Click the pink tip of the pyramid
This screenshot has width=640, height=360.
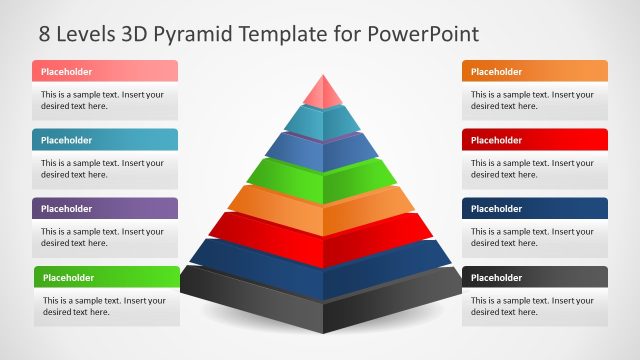[322, 93]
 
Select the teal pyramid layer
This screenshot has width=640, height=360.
[322, 121]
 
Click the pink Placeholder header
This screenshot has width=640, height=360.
[105, 71]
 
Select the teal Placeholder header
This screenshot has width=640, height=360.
[105, 140]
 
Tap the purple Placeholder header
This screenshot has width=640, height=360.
[105, 209]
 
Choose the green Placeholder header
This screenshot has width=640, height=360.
[106, 277]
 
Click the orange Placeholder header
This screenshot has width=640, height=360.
[534, 71]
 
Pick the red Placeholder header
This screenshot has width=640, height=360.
[534, 140]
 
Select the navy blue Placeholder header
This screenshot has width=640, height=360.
[534, 209]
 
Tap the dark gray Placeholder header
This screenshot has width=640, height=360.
[534, 277]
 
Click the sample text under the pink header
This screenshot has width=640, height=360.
[102, 100]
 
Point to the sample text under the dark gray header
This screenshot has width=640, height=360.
[532, 306]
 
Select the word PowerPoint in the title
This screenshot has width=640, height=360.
[423, 34]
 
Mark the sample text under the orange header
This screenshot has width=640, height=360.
[532, 100]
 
